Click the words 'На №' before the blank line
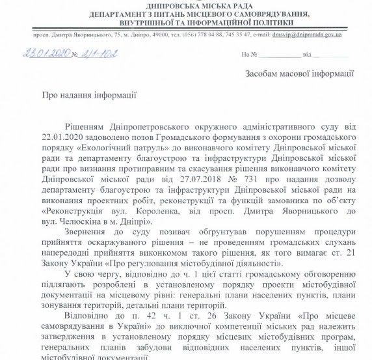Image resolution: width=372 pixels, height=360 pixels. click(248, 56)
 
